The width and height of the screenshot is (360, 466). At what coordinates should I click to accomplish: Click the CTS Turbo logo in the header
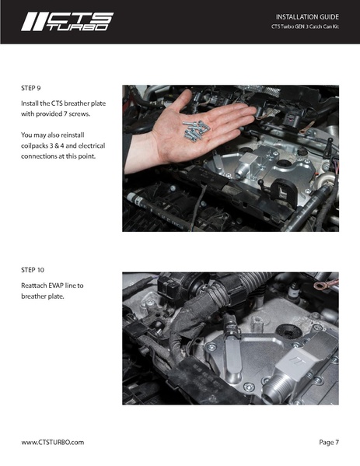(67, 22)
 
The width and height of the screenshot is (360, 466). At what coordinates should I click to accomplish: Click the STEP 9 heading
(33, 88)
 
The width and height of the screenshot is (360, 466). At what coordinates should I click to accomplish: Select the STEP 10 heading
(36, 270)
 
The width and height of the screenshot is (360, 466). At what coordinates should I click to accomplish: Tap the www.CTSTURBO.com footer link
(52, 442)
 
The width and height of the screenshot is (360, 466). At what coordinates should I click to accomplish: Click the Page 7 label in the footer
(328, 442)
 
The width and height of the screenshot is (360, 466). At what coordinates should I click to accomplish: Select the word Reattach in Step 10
(37, 286)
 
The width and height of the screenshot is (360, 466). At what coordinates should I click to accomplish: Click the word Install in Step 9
(32, 103)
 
